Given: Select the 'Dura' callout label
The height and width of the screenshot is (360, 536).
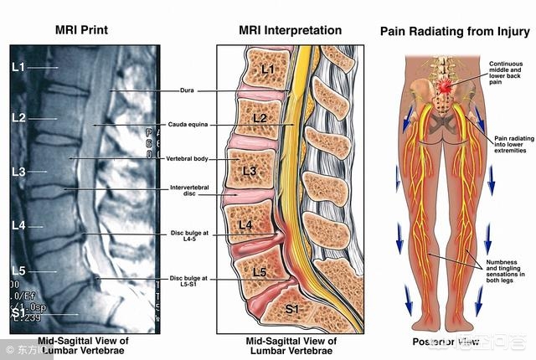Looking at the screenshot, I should pyautogui.click(x=187, y=90).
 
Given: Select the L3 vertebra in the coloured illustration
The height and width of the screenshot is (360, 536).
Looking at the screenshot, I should pyautogui.click(x=250, y=171).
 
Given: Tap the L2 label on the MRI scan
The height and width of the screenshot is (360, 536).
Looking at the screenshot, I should pyautogui.click(x=18, y=117).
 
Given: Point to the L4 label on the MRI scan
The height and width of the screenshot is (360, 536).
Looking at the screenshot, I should pyautogui.click(x=18, y=226).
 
